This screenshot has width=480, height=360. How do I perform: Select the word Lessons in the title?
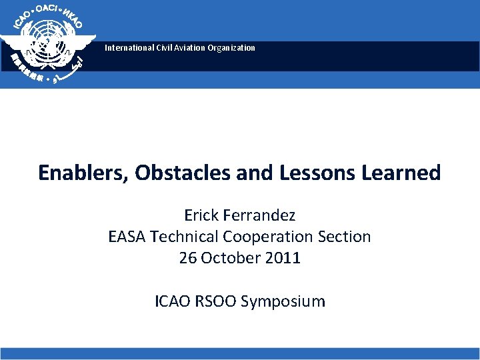pyautogui.click(x=316, y=173)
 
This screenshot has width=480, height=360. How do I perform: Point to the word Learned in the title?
pyautogui.click(x=401, y=173)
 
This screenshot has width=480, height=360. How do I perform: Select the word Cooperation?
pyautogui.click(x=268, y=237)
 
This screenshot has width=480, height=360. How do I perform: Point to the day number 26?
pyautogui.click(x=187, y=258)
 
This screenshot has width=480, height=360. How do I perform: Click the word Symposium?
pyautogui.click(x=283, y=302)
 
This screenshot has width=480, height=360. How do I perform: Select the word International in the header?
pyautogui.click(x=127, y=48)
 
